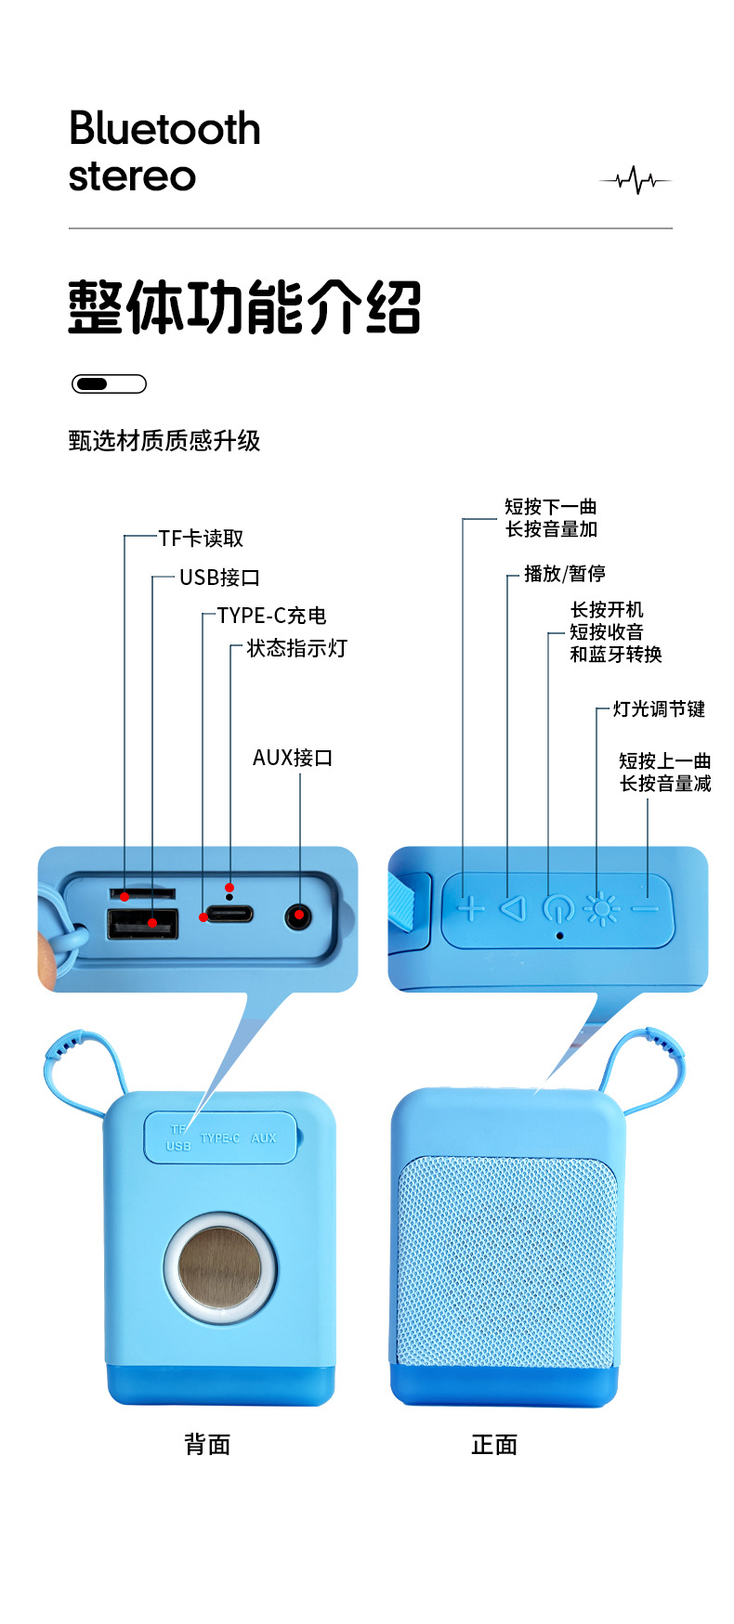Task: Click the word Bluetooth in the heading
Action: point(164,128)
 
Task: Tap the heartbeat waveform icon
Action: point(636,179)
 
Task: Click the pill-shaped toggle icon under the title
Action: point(109,383)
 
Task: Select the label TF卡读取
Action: point(201,539)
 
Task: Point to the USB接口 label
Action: point(219,578)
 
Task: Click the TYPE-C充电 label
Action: point(271,616)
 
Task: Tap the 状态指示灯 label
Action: point(296,648)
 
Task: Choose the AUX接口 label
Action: point(293,758)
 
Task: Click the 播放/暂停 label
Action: point(564,574)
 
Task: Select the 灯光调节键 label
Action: point(659,709)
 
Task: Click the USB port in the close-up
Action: point(142,924)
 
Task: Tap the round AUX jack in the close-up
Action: point(297,917)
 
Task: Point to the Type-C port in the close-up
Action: point(229,913)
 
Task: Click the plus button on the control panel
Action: point(471,908)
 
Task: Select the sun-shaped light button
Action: point(601,908)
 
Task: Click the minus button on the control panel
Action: point(645,908)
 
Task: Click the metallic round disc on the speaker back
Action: point(220,1267)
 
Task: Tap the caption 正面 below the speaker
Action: point(494,1445)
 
